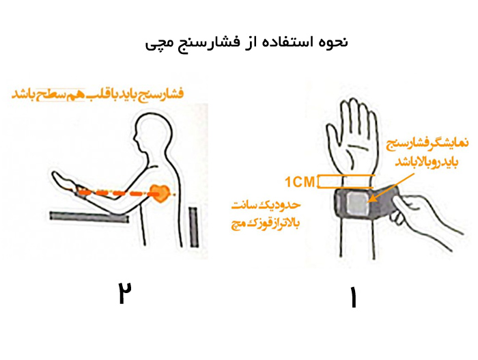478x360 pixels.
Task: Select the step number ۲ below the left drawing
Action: click(x=124, y=292)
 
